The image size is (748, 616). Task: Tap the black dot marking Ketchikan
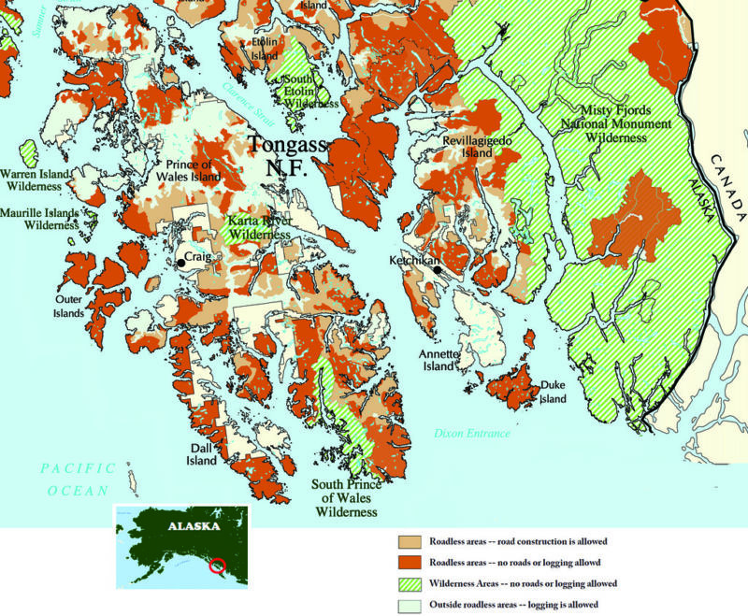point(436,270)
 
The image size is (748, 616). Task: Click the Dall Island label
point(202,453)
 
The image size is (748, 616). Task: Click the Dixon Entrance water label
point(472,434)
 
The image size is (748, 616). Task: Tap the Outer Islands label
point(69,306)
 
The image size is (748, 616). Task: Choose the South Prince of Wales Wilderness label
point(345,498)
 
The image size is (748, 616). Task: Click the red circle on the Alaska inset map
point(217,565)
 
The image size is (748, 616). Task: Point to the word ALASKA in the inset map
point(194,526)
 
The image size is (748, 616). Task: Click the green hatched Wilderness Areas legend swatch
point(409,582)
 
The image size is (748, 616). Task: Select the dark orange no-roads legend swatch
point(409,563)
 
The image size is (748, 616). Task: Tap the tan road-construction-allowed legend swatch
point(409,542)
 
